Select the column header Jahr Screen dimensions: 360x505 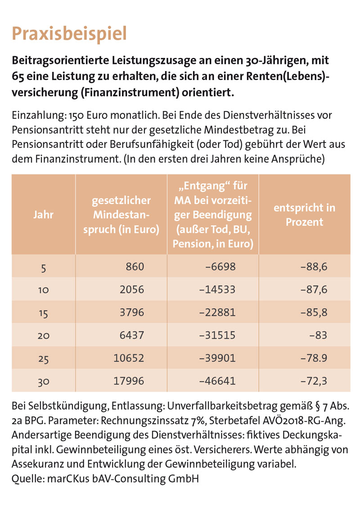pyautogui.click(x=44, y=215)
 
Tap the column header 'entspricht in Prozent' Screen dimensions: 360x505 pyautogui.click(x=305, y=215)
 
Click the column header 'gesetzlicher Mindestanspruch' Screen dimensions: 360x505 pyautogui.click(x=121, y=215)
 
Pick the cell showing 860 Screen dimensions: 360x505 pyautogui.click(x=135, y=266)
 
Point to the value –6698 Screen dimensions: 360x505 pyautogui.click(x=221, y=266)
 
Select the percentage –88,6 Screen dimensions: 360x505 pyautogui.click(x=314, y=266)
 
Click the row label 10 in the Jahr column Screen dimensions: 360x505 pyautogui.click(x=44, y=290)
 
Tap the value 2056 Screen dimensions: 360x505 pyautogui.click(x=132, y=289)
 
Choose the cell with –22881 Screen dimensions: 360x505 pyautogui.click(x=217, y=312)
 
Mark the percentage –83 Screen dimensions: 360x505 pyautogui.click(x=319, y=335)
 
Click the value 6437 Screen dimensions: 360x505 pyautogui.click(x=132, y=335)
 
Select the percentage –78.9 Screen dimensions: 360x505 pyautogui.click(x=314, y=358)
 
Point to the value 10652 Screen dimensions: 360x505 pyautogui.click(x=129, y=358)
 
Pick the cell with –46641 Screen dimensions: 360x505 pyautogui.click(x=217, y=381)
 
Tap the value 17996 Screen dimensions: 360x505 pyautogui.click(x=129, y=381)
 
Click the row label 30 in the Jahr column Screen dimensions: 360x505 pyautogui.click(x=44, y=382)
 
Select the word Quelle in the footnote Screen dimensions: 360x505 pyautogui.click(x=28, y=478)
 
